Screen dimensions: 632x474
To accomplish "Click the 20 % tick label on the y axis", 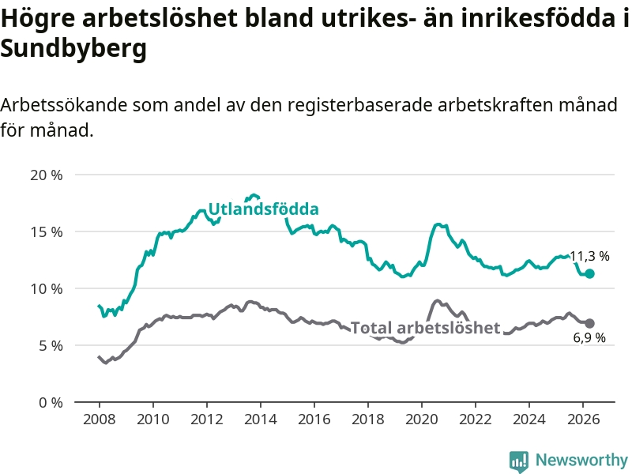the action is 47,175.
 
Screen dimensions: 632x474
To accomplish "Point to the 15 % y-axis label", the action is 47,232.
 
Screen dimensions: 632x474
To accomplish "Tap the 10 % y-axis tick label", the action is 47,289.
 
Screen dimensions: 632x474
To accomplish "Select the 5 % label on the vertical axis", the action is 51,346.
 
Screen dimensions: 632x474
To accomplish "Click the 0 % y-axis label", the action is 51,403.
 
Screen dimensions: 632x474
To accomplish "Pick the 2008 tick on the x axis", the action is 100,419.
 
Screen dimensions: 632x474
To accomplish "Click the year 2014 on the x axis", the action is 261,419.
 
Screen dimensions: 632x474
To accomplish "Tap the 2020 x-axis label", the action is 422,419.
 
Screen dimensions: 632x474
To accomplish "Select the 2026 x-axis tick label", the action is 583,419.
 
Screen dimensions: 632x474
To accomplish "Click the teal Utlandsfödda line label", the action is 264,209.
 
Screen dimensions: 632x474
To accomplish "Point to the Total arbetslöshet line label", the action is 425,327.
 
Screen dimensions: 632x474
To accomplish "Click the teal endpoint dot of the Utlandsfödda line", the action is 589,273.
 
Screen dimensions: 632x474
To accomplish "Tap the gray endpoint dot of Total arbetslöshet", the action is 589,323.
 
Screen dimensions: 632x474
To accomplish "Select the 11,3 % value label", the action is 589,256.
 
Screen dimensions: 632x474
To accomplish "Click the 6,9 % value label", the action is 589,337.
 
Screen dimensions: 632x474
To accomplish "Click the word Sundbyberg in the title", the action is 73,49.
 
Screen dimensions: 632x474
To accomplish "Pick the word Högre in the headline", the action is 37,18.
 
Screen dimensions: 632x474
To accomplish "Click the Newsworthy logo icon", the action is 519,461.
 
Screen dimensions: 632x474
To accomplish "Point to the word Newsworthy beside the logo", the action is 581,460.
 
